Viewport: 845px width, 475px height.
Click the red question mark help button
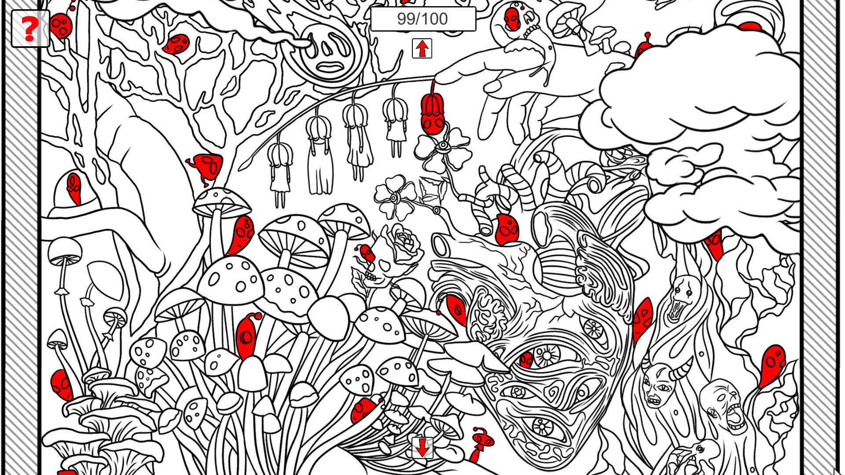coord(30,29)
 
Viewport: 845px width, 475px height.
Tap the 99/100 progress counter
coord(423,19)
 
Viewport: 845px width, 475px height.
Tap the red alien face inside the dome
coord(74,188)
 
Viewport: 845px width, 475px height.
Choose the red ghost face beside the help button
coord(61,26)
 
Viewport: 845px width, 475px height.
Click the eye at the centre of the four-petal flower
coord(443,146)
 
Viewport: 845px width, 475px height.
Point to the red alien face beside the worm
coord(507,230)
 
